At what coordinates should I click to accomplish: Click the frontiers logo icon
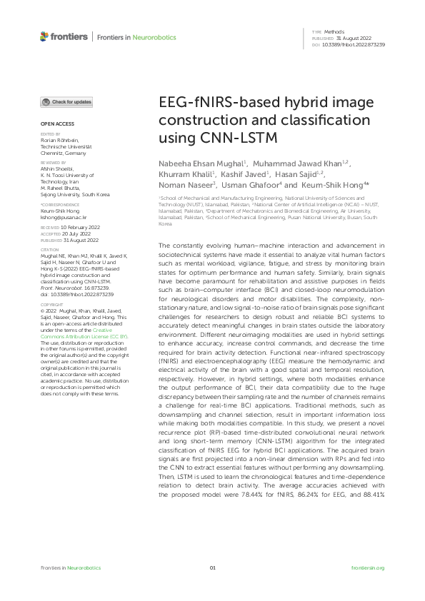click(45, 36)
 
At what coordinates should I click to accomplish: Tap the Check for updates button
click(66, 102)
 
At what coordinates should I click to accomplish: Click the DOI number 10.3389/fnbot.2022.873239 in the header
click(359, 44)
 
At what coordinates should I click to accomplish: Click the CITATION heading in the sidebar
click(50, 251)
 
